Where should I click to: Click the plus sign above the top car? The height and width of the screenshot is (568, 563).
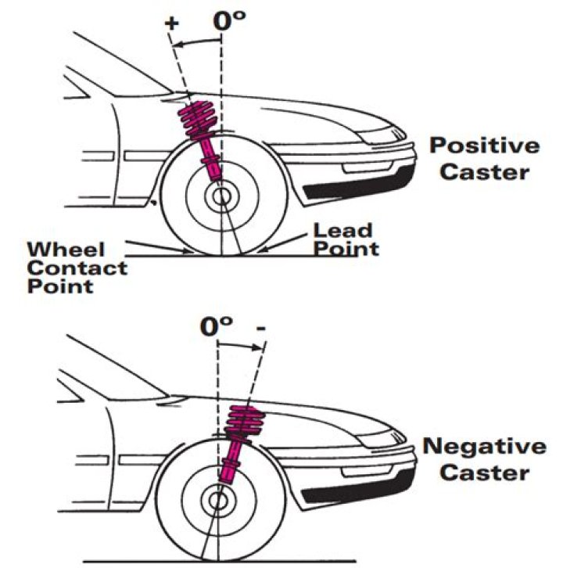[x=170, y=24]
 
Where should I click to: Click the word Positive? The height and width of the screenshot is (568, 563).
[x=485, y=146]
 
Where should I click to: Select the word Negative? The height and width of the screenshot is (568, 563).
[x=485, y=447]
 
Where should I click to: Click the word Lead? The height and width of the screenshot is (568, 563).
[x=342, y=230]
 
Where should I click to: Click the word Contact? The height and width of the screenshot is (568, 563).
[x=77, y=268]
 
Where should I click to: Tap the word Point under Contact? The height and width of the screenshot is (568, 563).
[x=59, y=286]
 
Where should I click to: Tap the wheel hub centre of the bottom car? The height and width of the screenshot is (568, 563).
[x=218, y=498]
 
